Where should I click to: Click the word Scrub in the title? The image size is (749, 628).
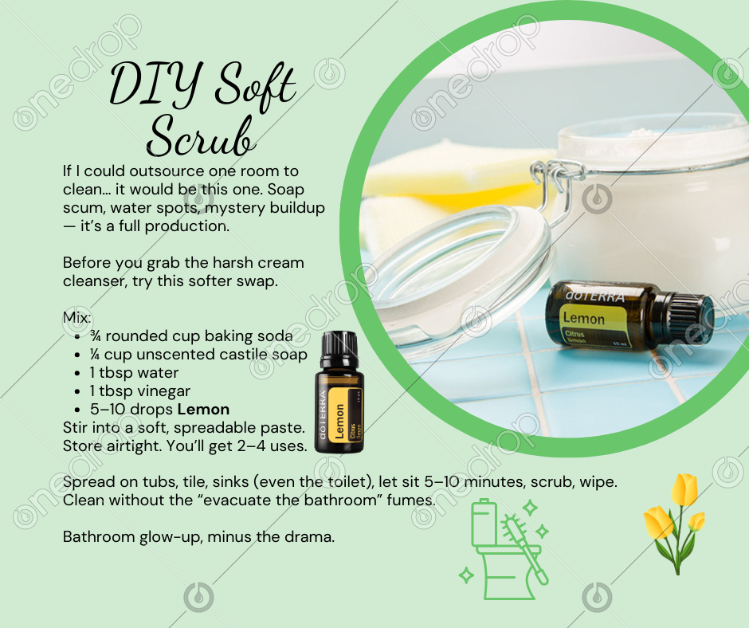(200, 135)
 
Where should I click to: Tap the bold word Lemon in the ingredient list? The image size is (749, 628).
(203, 410)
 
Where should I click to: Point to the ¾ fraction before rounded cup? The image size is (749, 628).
(95, 336)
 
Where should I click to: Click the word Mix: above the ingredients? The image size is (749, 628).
(77, 317)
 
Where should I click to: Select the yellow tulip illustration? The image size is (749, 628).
(674, 524)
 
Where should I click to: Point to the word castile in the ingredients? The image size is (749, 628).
(242, 355)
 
